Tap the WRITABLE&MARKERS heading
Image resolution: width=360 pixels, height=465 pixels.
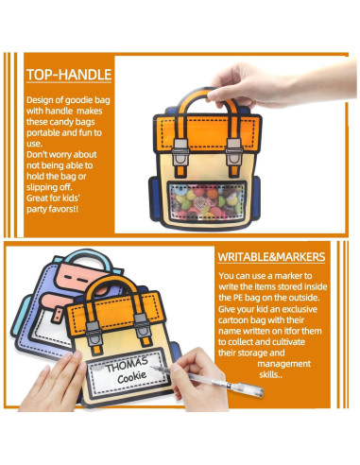[x=273, y=256]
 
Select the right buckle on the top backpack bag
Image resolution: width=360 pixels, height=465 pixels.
[x=233, y=146]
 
